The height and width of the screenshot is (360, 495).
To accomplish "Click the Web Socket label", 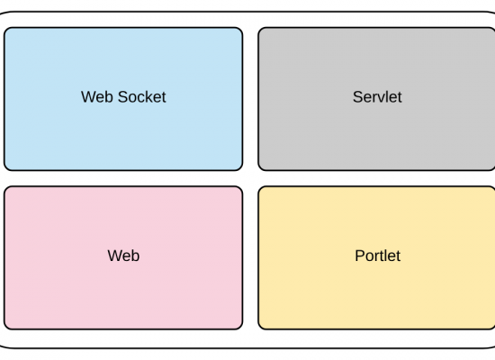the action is click(x=123, y=97).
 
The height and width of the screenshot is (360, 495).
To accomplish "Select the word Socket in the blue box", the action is click(x=141, y=97).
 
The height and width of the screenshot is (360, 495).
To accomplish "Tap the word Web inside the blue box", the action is click(x=97, y=97).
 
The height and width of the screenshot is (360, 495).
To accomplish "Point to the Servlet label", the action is click(x=377, y=97).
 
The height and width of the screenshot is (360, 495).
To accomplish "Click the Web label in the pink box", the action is click(x=123, y=256).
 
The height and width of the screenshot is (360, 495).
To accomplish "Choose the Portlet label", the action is click(x=378, y=256).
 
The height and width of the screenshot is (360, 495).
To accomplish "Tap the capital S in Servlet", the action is click(x=357, y=97).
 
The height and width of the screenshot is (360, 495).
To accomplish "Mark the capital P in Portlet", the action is click(x=360, y=256).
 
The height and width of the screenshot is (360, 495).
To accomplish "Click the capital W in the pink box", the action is click(x=115, y=256).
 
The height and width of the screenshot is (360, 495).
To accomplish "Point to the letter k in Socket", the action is click(x=151, y=97).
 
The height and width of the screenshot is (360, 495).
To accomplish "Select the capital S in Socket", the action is click(x=122, y=97).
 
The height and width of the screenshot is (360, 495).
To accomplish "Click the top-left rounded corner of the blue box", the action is click(x=6, y=30).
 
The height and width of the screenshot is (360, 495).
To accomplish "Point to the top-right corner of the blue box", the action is click(x=240, y=30).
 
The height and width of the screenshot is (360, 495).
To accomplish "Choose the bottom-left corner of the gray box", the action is click(x=260, y=168).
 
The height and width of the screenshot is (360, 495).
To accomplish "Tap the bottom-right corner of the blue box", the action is click(x=240, y=168).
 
